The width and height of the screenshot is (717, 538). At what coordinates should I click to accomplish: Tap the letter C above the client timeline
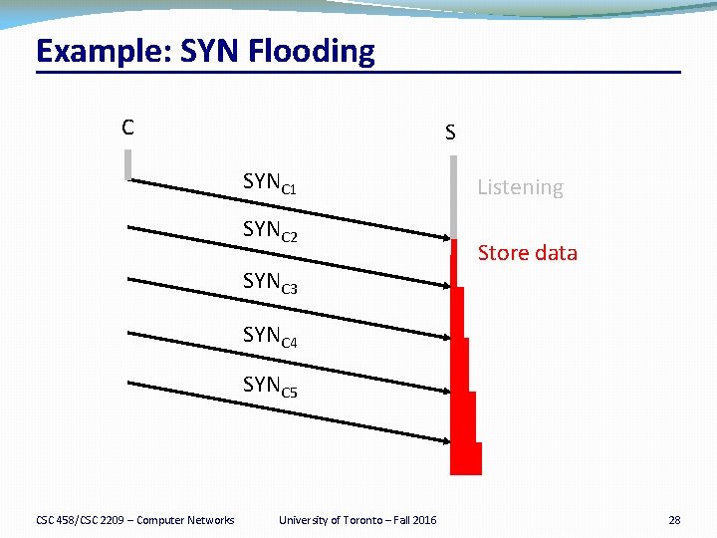click(x=127, y=127)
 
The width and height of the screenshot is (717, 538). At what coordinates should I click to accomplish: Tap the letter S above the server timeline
click(x=451, y=132)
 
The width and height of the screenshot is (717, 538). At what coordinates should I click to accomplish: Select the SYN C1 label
click(x=270, y=183)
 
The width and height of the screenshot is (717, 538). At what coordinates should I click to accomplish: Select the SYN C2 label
click(x=270, y=231)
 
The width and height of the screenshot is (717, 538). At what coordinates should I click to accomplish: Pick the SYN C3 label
click(x=270, y=283)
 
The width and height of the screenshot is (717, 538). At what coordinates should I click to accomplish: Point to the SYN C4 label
click(x=270, y=336)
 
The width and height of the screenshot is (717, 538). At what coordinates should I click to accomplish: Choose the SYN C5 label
click(x=270, y=386)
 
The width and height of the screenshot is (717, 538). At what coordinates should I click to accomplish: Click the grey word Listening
click(x=520, y=187)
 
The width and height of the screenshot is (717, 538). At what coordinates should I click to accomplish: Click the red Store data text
click(x=527, y=253)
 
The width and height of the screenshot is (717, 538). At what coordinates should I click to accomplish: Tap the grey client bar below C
click(x=128, y=164)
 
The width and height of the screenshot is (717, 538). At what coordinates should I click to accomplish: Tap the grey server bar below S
click(x=453, y=199)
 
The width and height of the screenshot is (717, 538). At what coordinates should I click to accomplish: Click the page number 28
click(x=674, y=520)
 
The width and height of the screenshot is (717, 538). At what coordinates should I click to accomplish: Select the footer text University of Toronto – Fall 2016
click(x=358, y=520)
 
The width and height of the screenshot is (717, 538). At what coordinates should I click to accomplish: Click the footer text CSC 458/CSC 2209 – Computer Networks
click(x=135, y=520)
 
